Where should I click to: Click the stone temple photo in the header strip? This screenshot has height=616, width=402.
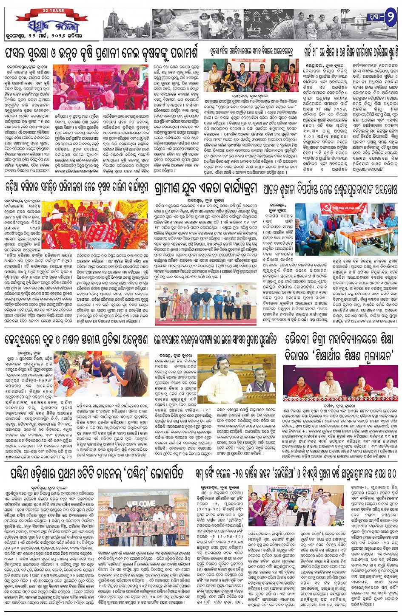128,23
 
